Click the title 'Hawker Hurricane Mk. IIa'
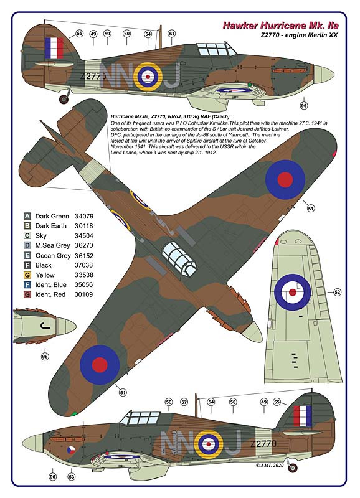pos(280,26)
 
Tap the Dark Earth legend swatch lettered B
pos(27,226)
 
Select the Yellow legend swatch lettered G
pos(27,275)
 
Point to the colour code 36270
pos(84,245)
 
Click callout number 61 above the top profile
pos(171,34)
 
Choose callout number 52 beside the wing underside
pos(337,292)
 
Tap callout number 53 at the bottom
pos(72,476)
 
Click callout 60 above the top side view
pos(127,34)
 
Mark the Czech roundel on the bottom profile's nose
pos(70,450)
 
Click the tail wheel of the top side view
pos(64,99)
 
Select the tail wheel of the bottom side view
pos(293,467)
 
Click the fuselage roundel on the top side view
pos(148,77)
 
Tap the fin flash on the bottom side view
pos(303,416)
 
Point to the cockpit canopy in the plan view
pos(179,258)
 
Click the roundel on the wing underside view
pos(292,292)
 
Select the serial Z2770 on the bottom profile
pos(263,443)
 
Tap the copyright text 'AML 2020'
pos(270,465)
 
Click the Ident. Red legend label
pos(50,294)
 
